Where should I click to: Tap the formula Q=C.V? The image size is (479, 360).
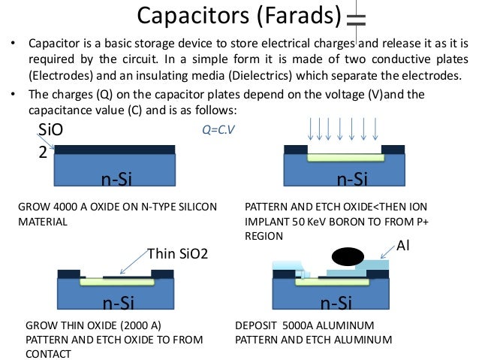(218, 129)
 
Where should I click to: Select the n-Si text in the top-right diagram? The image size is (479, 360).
(351, 179)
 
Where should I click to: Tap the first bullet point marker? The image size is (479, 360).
(12, 44)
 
